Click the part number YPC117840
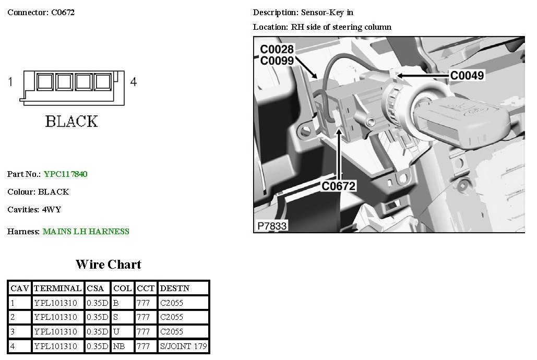click(65, 174)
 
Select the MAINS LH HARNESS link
click(86, 232)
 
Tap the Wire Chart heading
click(108, 265)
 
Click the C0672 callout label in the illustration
click(338, 186)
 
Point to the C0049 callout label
click(467, 75)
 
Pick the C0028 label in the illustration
click(277, 50)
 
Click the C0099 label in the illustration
click(277, 61)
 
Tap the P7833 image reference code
click(272, 226)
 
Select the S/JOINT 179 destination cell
click(184, 346)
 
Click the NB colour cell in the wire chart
click(123, 346)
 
